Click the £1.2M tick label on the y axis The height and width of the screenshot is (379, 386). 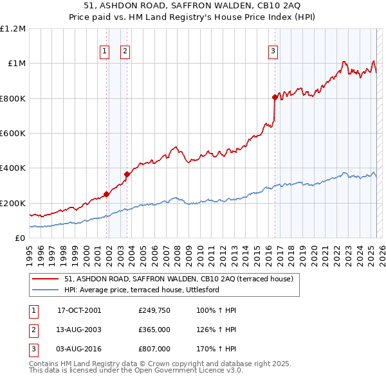14,29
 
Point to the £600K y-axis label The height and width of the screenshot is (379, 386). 13,134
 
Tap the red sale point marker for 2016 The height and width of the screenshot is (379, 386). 275,98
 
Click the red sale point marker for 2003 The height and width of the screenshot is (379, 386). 127,174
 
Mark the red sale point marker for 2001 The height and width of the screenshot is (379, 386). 107,195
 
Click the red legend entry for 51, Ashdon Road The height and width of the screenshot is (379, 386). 179,279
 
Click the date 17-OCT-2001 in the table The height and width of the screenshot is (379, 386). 79,310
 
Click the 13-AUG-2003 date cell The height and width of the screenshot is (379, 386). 79,330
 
